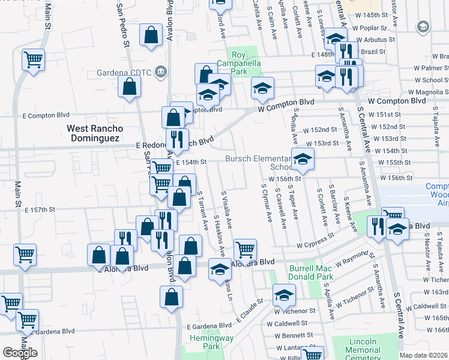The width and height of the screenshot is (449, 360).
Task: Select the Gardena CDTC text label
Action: click(124, 73)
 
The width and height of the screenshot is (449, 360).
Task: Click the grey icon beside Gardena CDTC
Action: click(160, 73)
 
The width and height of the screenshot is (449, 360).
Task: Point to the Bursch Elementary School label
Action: click(258, 163)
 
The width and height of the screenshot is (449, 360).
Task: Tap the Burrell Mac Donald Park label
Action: click(311, 273)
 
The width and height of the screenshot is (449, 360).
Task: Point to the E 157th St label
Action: click(40, 209)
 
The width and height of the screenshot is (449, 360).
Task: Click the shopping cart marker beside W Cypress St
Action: click(246, 250)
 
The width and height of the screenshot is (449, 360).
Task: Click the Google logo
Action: click(20, 353)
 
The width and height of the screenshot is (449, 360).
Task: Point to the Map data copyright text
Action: click(424, 355)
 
